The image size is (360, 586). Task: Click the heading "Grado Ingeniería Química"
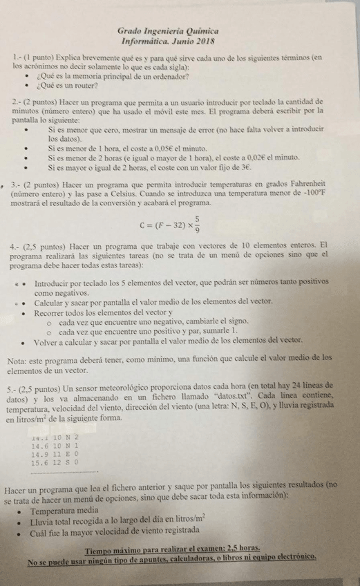pos(168,32)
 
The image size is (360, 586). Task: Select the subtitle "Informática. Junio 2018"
pos(168,41)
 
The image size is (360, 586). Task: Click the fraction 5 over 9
pos(197,224)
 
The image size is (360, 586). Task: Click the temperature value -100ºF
pos(309,194)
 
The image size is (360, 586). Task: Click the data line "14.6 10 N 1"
pos(56,446)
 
